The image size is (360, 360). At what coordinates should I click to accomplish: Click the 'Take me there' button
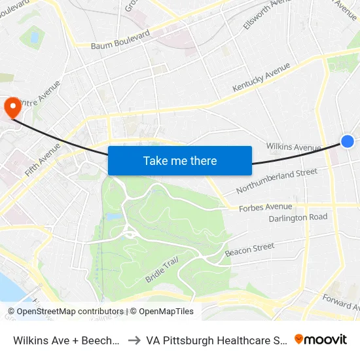click(x=180, y=160)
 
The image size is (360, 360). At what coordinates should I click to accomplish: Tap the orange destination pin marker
click(x=12, y=107)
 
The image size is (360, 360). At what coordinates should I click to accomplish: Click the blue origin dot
click(x=348, y=141)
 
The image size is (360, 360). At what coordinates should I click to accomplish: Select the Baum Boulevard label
click(x=120, y=40)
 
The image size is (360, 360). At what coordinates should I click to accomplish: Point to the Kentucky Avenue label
click(x=261, y=77)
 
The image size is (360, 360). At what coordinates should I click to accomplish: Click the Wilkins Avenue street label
click(x=293, y=147)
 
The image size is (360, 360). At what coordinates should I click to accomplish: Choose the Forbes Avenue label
click(x=265, y=206)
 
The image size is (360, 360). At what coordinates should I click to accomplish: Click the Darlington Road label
click(x=298, y=217)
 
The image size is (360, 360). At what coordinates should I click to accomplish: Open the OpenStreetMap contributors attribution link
click(x=65, y=312)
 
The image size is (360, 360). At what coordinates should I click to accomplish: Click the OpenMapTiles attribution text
click(x=162, y=312)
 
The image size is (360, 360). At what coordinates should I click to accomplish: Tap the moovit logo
click(x=321, y=339)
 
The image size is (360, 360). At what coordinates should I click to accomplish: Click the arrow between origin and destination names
click(x=133, y=340)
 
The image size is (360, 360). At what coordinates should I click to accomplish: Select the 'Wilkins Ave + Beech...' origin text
click(x=66, y=340)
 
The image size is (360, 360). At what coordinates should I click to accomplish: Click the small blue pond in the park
click(x=113, y=216)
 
